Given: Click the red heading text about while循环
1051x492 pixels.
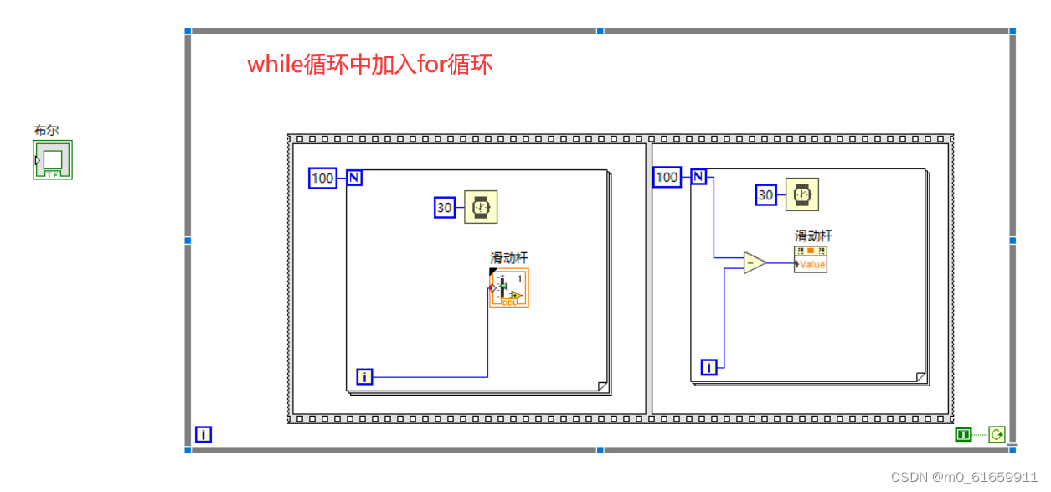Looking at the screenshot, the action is pos(369,65).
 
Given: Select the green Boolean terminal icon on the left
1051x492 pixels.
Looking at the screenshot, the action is pos(53,159).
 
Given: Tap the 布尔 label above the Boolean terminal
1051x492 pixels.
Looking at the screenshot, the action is pos(46,131).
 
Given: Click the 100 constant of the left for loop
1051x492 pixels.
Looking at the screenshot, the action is pos(322,178).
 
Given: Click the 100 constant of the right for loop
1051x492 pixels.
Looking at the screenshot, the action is pos(667,177).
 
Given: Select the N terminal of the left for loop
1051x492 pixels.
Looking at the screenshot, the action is pos(354,178).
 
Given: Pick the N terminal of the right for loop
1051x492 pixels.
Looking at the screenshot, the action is pos(698,177).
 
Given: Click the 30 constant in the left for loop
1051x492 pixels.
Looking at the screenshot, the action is pos(445,207).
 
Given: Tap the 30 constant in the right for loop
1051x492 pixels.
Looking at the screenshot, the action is pos(765,195).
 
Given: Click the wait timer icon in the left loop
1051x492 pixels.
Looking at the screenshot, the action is pos(481,207).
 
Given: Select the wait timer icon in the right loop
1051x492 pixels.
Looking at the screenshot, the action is pos(802,195).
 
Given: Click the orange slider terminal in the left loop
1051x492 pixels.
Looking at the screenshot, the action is pos(509,287).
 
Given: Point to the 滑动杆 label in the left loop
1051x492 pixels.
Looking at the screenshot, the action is pos(509,258).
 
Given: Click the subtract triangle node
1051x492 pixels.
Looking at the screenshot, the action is pos(754,263).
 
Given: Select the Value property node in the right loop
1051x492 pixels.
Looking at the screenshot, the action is pos(811,259).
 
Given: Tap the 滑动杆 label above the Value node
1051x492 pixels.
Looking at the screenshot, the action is pos(813,236).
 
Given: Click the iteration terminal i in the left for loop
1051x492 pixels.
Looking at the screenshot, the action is pos(364,377).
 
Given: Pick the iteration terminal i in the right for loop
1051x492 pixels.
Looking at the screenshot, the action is pos(709,367).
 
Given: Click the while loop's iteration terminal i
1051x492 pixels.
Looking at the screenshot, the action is pos(204,434).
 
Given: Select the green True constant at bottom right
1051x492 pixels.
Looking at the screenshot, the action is pos(964,434).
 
